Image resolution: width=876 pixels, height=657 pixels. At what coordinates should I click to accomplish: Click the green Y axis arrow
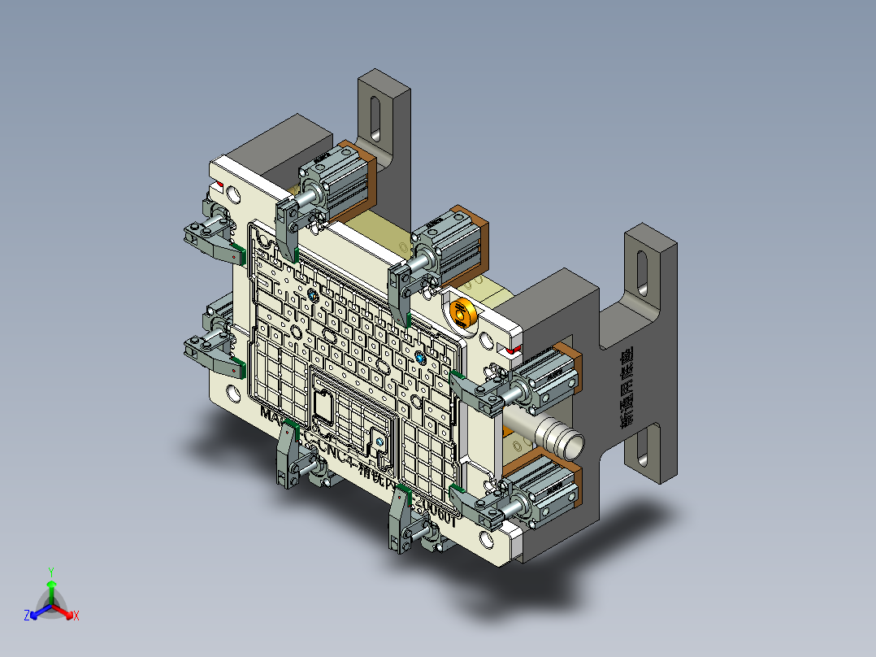(x=50, y=584)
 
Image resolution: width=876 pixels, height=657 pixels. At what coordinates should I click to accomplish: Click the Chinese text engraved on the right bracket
(x=627, y=389)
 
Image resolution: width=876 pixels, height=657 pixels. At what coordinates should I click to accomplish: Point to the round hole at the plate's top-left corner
(x=234, y=194)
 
